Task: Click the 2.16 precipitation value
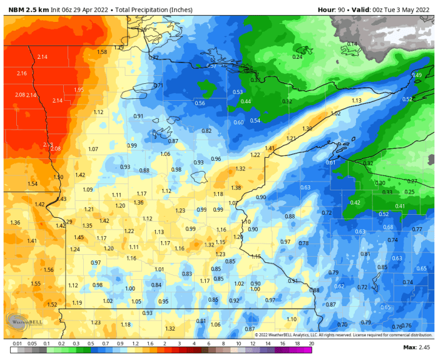point(22,73)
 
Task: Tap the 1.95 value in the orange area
point(79,90)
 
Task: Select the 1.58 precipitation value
point(102,52)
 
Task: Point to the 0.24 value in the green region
point(298,57)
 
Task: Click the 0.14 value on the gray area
point(352,44)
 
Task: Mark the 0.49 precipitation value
point(416,75)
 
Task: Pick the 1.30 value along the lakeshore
point(307,128)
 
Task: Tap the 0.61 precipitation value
point(331,162)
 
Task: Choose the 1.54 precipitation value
point(33,184)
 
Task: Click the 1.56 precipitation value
point(49,269)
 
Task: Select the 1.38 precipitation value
point(236,188)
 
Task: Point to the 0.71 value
point(158,85)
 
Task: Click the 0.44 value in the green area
point(246,101)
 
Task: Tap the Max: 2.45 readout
point(415,347)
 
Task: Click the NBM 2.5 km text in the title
point(26,10)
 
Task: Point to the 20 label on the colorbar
point(311,344)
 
